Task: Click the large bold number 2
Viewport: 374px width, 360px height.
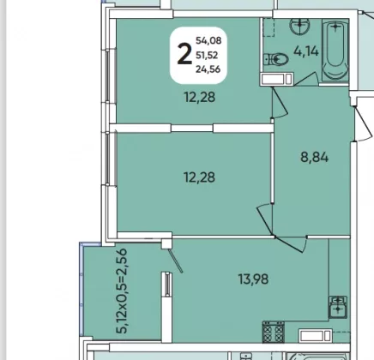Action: (184, 54)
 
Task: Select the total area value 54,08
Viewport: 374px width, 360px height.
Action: (208, 40)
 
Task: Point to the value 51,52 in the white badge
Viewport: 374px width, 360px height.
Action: (207, 55)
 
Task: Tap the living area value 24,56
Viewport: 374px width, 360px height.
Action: (208, 69)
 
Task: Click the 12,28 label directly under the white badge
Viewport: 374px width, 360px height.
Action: (200, 98)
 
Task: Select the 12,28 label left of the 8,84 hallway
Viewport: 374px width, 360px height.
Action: (199, 177)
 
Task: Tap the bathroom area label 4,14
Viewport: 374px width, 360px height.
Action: (306, 51)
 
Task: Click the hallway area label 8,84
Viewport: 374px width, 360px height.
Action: (315, 157)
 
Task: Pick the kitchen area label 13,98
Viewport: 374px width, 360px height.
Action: (254, 279)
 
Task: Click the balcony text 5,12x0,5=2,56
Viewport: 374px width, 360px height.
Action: (122, 291)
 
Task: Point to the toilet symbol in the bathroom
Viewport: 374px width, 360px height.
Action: (275, 60)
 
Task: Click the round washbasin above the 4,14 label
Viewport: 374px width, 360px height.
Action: (299, 27)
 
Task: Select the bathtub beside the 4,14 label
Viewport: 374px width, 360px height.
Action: (335, 50)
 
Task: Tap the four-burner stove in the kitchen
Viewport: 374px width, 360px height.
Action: (274, 332)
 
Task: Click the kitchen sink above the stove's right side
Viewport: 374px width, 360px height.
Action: (338, 307)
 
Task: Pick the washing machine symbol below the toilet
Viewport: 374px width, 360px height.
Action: (276, 79)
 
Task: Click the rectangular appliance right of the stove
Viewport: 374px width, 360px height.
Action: (316, 335)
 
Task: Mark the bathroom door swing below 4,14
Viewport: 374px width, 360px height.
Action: (306, 79)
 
